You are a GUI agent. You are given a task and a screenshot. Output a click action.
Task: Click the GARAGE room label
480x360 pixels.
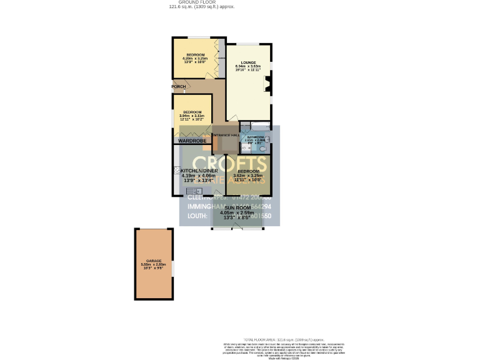[154, 261]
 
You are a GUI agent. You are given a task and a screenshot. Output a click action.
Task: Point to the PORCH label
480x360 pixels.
[179, 86]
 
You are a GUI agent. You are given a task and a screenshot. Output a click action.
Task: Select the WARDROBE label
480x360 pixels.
[192, 141]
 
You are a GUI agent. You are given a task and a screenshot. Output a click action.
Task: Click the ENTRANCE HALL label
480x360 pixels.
[226, 135]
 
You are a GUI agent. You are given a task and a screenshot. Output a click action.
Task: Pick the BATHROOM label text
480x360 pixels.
[256, 136]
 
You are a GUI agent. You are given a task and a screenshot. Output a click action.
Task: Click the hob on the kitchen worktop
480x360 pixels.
[177, 170]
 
